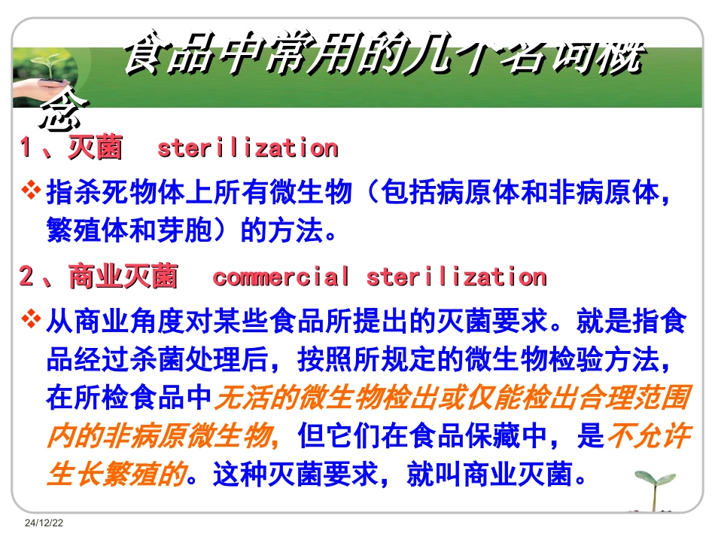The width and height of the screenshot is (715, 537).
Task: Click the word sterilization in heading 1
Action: click(247, 148)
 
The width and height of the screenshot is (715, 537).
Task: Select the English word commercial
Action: click(281, 277)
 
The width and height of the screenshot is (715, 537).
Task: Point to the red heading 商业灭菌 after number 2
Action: click(123, 277)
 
